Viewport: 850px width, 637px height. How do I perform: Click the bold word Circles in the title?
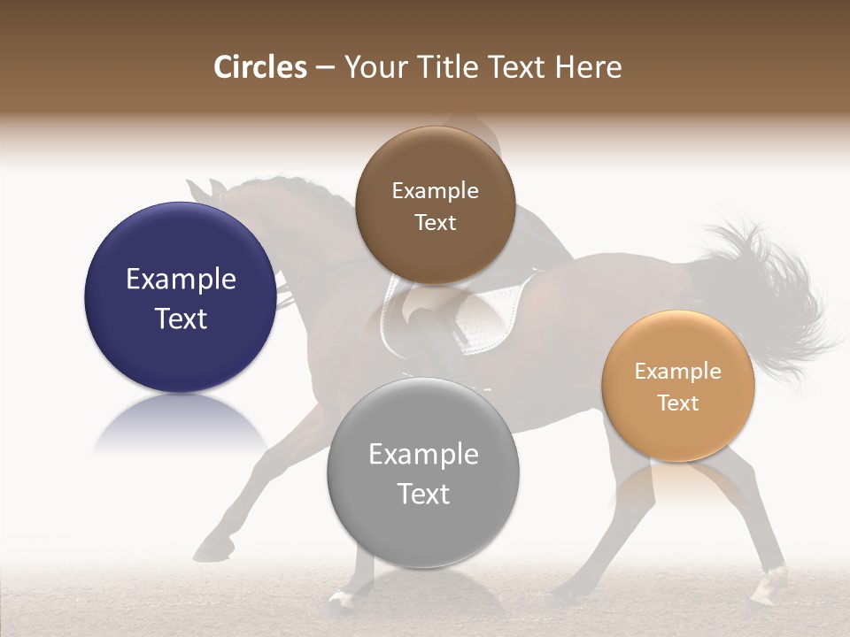[x=260, y=67]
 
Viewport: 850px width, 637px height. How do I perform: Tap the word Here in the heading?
[x=589, y=67]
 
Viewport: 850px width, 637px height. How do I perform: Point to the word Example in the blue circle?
[x=181, y=280]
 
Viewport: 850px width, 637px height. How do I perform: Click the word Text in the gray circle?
[x=423, y=494]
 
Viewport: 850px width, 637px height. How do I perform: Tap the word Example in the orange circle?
[x=677, y=372]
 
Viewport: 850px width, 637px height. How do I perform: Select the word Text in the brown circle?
[x=435, y=223]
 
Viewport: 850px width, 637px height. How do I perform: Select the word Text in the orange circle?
[x=678, y=403]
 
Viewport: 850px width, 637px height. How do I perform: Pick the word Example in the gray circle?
[x=423, y=455]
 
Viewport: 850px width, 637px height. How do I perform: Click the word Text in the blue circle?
[x=181, y=319]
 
